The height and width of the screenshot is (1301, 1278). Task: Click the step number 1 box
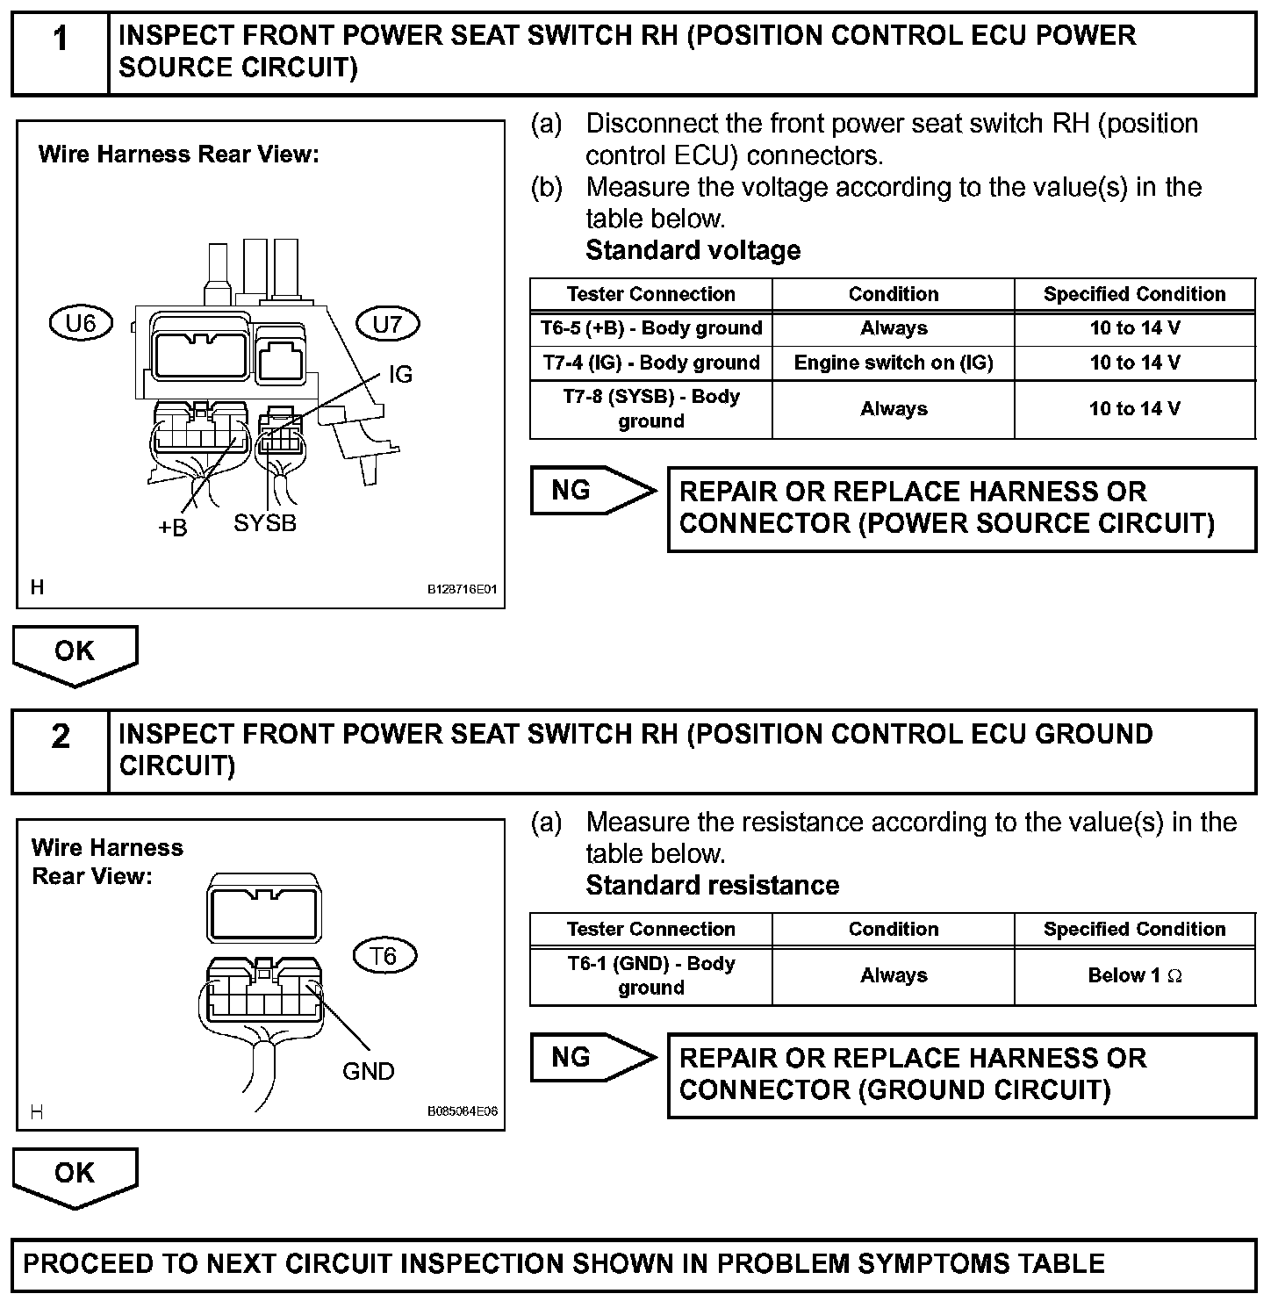point(60,52)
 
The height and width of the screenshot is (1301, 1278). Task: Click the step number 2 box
point(60,751)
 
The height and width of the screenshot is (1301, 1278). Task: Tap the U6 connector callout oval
point(81,324)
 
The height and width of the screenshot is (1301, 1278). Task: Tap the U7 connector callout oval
point(387,324)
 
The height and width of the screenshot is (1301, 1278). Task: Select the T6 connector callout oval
point(384,955)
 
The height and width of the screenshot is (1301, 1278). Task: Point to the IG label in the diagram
point(399,375)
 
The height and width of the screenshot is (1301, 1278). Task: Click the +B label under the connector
point(173,528)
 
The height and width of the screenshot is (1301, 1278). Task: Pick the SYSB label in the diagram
point(265,523)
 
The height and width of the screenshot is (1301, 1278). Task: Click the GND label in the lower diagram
point(368,1071)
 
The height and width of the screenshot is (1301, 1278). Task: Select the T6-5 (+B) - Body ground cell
point(650,328)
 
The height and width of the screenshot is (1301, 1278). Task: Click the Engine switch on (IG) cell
point(893,363)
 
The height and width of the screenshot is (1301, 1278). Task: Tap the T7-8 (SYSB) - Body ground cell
point(650,408)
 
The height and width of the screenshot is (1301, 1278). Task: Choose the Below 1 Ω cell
point(1134,975)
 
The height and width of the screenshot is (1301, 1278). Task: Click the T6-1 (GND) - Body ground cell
point(650,975)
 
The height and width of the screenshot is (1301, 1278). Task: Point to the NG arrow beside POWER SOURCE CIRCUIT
point(592,490)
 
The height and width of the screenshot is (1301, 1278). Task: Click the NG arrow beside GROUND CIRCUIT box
point(592,1057)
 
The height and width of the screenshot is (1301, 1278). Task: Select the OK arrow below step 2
point(75,1175)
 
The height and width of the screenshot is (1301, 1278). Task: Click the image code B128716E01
point(462,589)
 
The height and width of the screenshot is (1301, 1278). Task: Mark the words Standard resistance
point(712,885)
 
